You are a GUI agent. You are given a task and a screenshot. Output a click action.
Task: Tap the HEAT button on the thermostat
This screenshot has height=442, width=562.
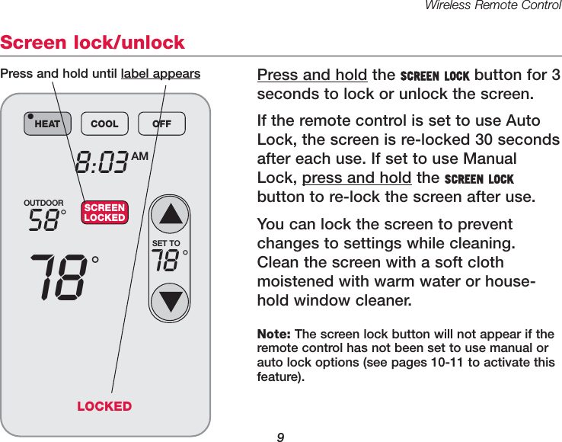46,123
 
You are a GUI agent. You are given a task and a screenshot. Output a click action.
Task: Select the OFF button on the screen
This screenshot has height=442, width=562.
161,123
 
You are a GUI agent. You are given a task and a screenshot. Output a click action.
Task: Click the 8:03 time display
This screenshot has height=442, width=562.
101,162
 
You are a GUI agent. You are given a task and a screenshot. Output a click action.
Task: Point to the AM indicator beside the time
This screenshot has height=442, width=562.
139,155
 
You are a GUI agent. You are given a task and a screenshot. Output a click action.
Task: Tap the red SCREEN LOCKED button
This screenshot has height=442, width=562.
104,213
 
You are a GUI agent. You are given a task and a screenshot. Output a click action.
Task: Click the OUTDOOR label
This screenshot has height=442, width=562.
43,203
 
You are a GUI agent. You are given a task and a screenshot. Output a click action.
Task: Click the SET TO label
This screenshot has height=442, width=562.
166,244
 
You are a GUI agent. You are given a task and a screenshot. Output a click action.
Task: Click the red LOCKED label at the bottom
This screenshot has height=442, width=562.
104,406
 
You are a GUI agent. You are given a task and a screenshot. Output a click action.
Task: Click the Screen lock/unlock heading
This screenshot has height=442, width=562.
93,42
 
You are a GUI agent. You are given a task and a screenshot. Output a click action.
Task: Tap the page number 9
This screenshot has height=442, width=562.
280,437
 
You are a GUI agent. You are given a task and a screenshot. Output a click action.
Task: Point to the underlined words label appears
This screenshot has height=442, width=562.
161,74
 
